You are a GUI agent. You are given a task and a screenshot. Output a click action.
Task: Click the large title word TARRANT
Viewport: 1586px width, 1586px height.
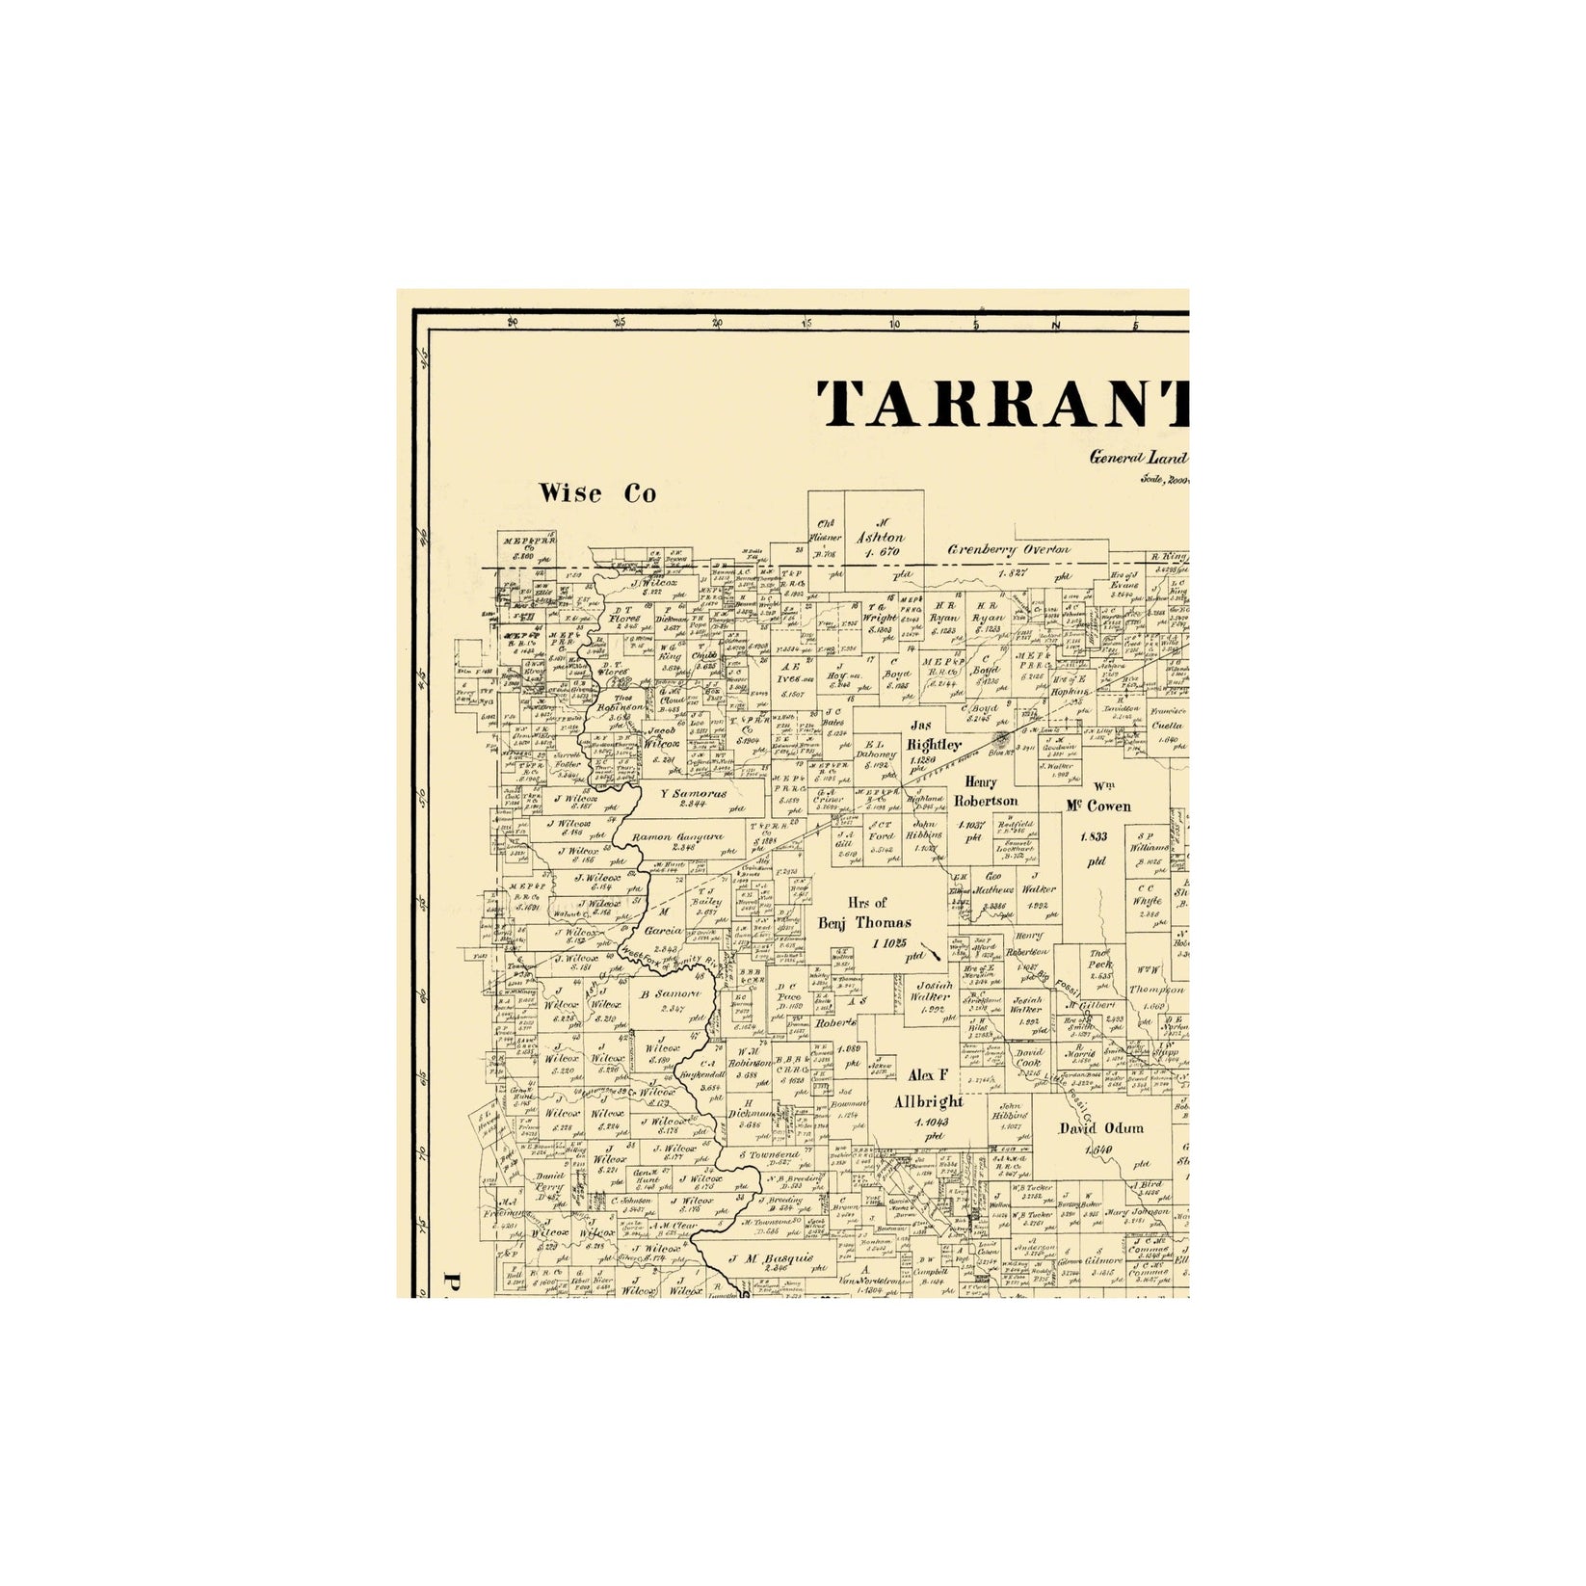click(x=1002, y=404)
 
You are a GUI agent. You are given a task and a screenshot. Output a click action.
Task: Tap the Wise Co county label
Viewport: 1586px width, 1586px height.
click(x=597, y=494)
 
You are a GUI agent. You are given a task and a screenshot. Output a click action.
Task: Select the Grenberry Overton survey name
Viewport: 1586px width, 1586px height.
click(x=1008, y=550)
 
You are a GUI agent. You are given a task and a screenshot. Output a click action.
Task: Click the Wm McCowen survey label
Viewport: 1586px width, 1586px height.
click(x=1097, y=800)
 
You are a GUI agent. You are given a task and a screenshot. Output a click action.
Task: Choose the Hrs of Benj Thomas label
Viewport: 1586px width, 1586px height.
click(x=864, y=913)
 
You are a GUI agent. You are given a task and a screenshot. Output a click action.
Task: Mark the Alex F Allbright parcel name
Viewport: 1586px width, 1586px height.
click(x=928, y=1089)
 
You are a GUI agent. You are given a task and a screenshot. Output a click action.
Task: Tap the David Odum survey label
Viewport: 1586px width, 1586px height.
click(x=1101, y=1128)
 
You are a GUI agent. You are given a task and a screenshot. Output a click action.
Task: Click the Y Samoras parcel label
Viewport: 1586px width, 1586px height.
click(x=694, y=794)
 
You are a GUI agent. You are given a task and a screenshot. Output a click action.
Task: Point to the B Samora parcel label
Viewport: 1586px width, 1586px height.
click(x=671, y=994)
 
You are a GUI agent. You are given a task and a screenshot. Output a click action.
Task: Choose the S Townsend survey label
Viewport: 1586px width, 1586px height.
click(x=769, y=1154)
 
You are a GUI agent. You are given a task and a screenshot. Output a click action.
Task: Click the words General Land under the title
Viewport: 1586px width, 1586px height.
click(x=1137, y=459)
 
